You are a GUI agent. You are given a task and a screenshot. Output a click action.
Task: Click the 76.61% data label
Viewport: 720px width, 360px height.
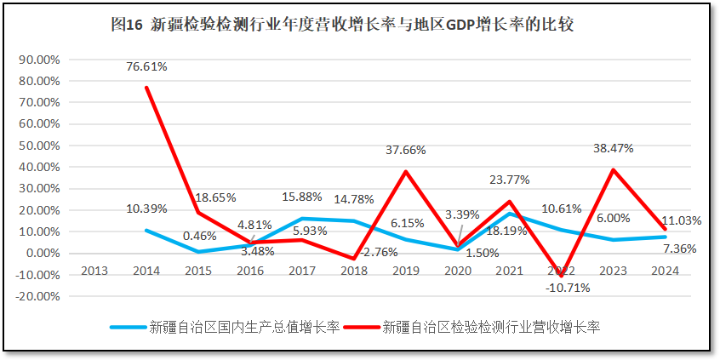pyautogui.click(x=147, y=66)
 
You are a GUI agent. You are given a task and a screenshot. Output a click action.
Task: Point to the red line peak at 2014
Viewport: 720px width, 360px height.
pyautogui.click(x=146, y=88)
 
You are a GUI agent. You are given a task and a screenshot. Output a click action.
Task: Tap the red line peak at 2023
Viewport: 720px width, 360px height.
pyautogui.click(x=614, y=169)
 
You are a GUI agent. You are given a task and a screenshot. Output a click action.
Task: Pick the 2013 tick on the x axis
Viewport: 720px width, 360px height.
pyautogui.click(x=95, y=271)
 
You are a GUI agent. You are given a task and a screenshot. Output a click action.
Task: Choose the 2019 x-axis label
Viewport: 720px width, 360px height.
pyautogui.click(x=406, y=271)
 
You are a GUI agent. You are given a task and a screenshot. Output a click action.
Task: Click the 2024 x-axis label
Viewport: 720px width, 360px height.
pyautogui.click(x=665, y=271)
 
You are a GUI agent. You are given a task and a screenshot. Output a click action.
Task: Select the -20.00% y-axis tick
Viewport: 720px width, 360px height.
pyautogui.click(x=37, y=297)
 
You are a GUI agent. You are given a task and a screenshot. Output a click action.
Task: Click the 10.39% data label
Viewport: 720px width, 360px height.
pyautogui.click(x=147, y=209)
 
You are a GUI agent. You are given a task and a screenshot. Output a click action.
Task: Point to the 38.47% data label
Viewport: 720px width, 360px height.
pyautogui.click(x=614, y=147)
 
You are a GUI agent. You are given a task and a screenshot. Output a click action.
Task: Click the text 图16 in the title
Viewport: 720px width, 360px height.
pyautogui.click(x=127, y=24)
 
